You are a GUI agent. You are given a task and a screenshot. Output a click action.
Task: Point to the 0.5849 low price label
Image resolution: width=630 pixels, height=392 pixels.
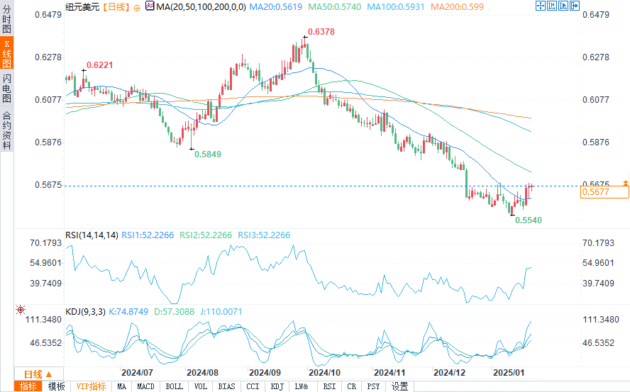click(207, 154)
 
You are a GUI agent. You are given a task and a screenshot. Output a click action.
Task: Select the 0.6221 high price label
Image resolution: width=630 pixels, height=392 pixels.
click(99, 65)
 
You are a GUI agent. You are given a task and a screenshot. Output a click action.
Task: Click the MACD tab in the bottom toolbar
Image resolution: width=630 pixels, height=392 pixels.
click(145, 386)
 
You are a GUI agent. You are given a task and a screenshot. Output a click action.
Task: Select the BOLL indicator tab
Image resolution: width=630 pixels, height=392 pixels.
click(174, 386)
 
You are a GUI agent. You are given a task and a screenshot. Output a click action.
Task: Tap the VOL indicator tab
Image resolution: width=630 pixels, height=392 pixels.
click(201, 386)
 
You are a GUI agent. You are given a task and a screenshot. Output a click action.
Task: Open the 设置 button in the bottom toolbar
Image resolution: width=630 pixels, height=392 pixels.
click(400, 386)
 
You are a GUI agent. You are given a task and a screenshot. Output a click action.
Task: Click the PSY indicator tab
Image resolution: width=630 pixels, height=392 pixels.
click(374, 386)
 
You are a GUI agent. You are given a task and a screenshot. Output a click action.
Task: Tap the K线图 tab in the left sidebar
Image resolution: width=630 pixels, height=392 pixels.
click(7, 54)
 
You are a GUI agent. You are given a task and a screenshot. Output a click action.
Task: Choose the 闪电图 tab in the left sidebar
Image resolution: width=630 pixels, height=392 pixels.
click(7, 88)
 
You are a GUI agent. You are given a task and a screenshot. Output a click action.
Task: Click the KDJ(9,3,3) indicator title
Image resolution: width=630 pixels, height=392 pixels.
click(85, 311)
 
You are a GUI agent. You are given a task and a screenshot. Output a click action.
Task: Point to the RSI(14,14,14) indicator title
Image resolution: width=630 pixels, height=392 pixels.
click(92, 235)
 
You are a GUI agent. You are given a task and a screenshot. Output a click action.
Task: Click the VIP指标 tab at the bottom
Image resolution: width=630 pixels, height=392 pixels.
click(92, 386)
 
